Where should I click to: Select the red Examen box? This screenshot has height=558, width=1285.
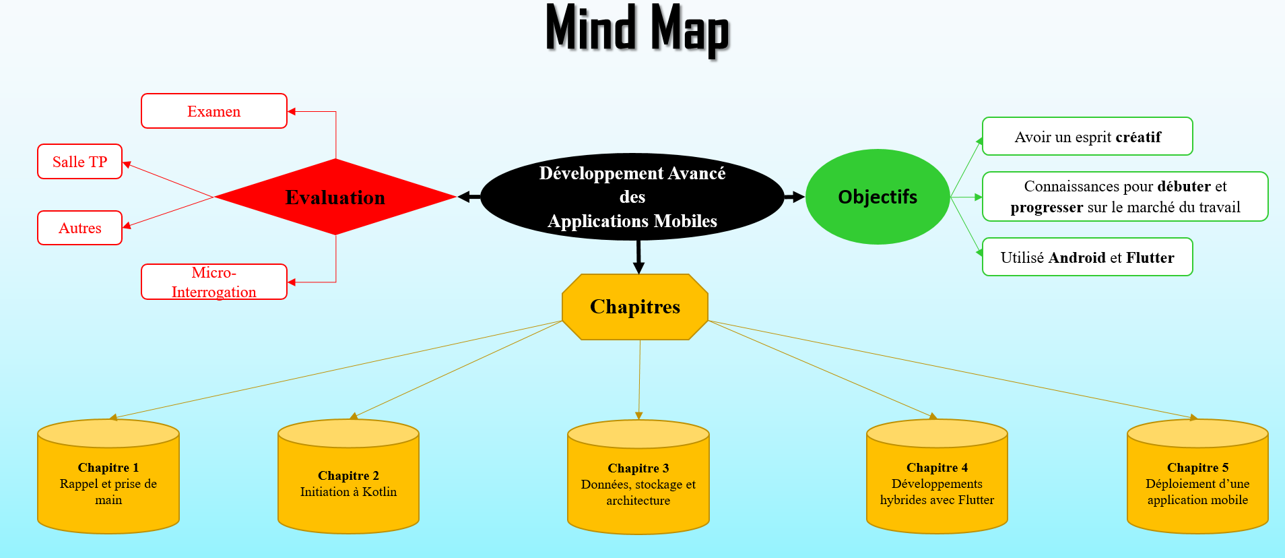[x=213, y=111]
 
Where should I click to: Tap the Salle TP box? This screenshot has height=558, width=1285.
[x=79, y=162]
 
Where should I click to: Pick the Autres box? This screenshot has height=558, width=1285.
[x=79, y=228]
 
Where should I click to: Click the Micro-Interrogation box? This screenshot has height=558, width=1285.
[x=213, y=282]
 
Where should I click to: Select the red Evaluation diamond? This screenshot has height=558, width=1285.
[x=335, y=197]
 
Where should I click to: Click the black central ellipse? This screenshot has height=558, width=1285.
[x=632, y=197]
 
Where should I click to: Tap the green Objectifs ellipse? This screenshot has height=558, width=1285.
[x=877, y=197]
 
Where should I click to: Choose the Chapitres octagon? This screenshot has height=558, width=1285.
[x=634, y=307]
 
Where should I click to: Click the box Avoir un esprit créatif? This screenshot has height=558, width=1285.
[x=1087, y=137]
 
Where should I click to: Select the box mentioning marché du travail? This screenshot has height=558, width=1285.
[x=1125, y=197]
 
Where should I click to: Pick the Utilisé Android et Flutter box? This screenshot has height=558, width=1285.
[x=1087, y=257]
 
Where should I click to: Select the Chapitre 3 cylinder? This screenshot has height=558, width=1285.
[x=638, y=483]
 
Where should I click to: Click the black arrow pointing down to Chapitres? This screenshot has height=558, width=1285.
[x=638, y=257]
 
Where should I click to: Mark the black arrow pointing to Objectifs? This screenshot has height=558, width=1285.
[x=795, y=197]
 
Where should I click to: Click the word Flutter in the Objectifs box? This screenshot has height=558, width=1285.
[x=1150, y=257]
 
